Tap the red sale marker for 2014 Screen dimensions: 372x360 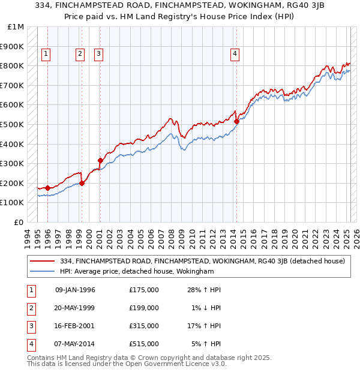pos(236,121)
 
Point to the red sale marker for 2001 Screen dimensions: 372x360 pos(100,160)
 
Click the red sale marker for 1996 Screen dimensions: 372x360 pos(47,188)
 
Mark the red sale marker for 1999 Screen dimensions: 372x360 pos(82,183)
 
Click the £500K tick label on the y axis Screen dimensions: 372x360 pos(13,124)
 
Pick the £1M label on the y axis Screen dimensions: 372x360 pos(16,27)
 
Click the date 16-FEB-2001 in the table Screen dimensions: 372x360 pos(75,326)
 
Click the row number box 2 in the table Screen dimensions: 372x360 pos(30,308)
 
